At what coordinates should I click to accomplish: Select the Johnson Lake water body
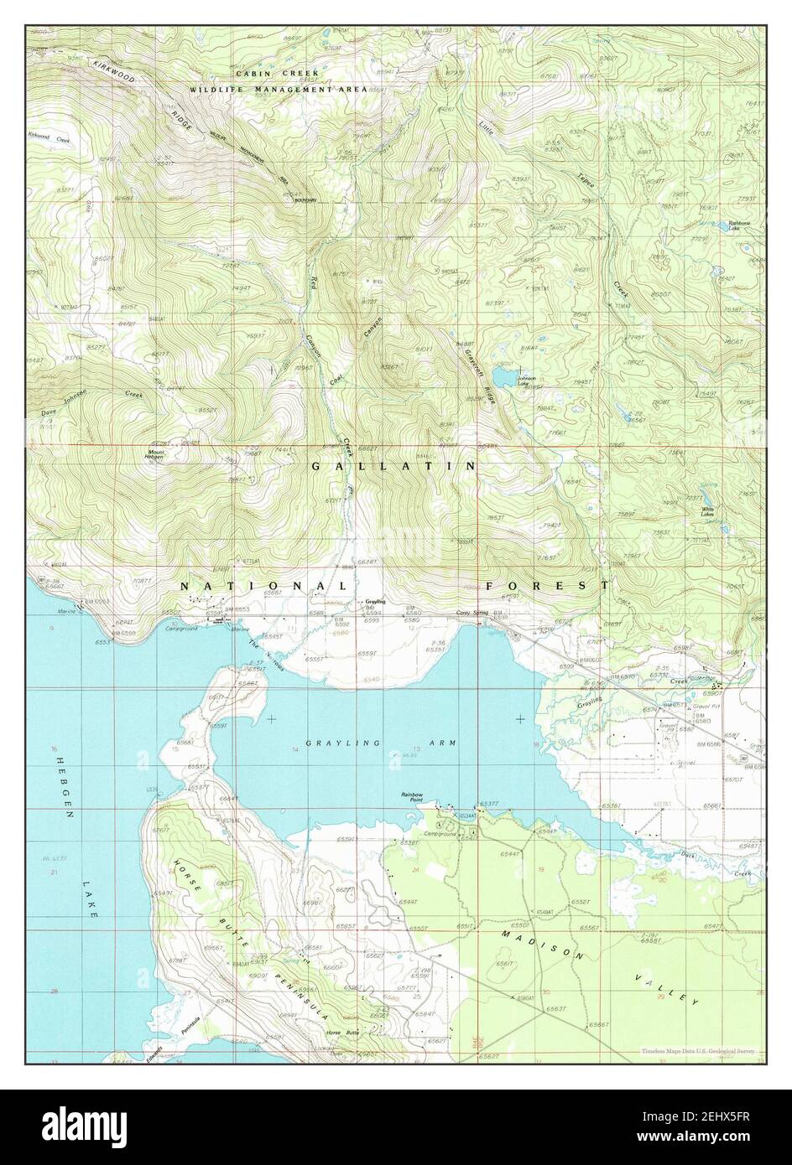[505, 376]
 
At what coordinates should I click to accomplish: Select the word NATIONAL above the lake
[263, 585]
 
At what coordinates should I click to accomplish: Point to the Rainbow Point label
[411, 796]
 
